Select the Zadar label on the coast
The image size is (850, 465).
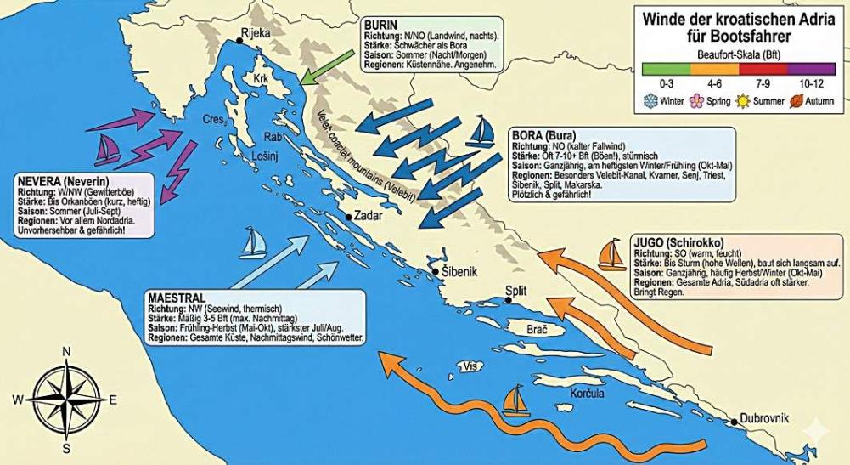[368, 216]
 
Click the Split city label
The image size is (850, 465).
[516, 290]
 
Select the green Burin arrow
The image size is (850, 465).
[327, 67]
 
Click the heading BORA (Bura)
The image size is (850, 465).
[543, 135]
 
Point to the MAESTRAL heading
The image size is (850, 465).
[176, 299]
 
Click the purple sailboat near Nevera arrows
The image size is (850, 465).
[108, 150]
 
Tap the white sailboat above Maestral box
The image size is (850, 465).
[253, 243]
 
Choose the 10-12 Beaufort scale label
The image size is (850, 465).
[813, 85]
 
